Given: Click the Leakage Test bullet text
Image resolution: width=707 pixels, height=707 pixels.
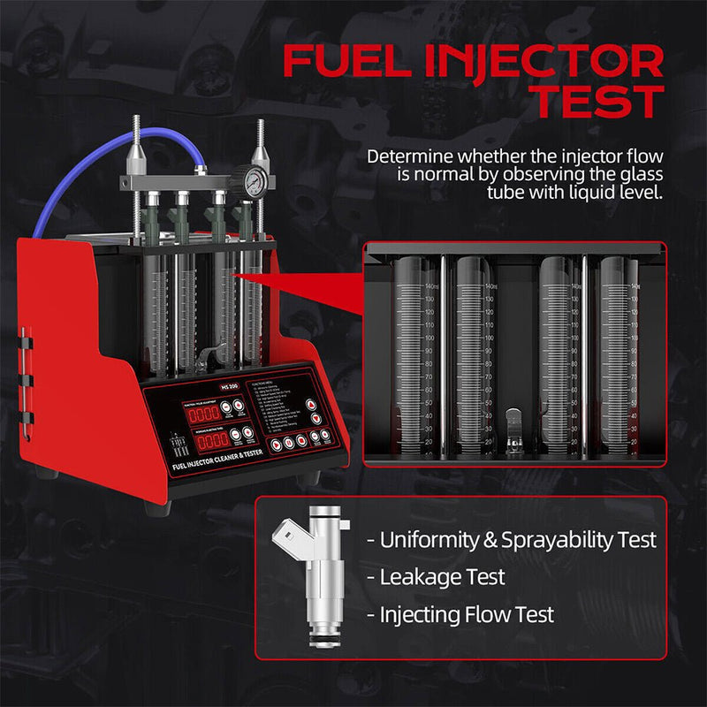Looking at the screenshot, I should click(443, 577).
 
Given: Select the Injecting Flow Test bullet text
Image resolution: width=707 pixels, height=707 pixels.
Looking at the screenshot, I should click(467, 614).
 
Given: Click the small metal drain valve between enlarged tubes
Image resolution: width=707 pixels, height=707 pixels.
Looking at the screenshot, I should click(513, 422).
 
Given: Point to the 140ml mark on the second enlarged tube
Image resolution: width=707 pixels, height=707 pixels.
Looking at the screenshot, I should click(491, 286).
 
